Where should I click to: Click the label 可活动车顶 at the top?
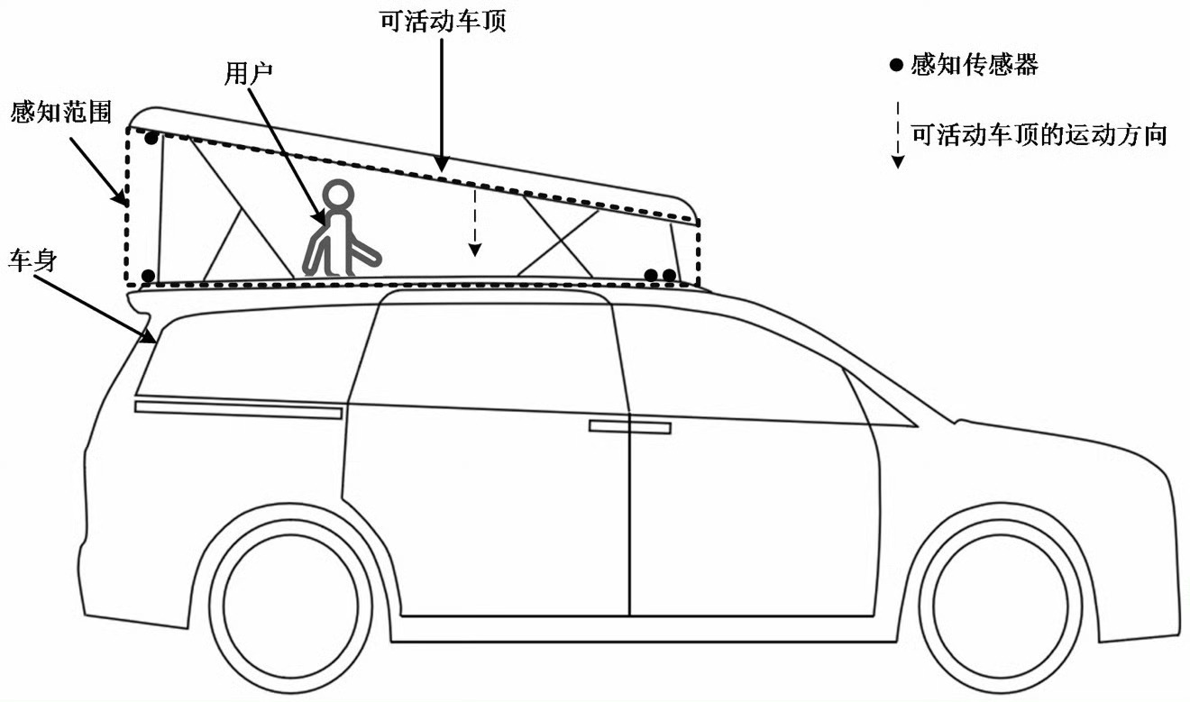tap(443, 22)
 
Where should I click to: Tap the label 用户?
tap(248, 73)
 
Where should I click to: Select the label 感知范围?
tap(61, 112)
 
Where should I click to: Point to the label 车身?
tap(32, 260)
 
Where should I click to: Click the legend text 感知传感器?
tap(975, 65)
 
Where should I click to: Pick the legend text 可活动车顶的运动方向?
tap(1039, 135)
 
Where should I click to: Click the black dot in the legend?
tap(896, 65)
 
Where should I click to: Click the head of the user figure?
tap(338, 196)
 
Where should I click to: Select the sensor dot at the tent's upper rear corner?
tap(151, 139)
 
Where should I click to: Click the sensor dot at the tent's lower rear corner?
tap(149, 276)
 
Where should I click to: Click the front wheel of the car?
tap(1001, 606)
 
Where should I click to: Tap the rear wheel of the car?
tap(290, 606)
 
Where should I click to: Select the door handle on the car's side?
tap(630, 426)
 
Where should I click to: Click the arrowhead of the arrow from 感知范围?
tap(122, 198)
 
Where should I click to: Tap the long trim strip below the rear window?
tap(238, 410)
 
